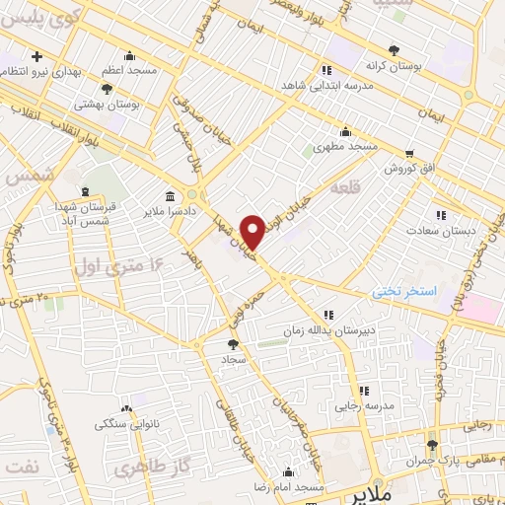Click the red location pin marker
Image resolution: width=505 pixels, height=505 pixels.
click(x=253, y=231)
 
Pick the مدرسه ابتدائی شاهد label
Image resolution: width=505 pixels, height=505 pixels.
click(x=325, y=86)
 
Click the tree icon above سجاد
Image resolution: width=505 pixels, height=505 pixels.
click(x=233, y=345)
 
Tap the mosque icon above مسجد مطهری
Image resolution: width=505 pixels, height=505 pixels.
click(x=345, y=132)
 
